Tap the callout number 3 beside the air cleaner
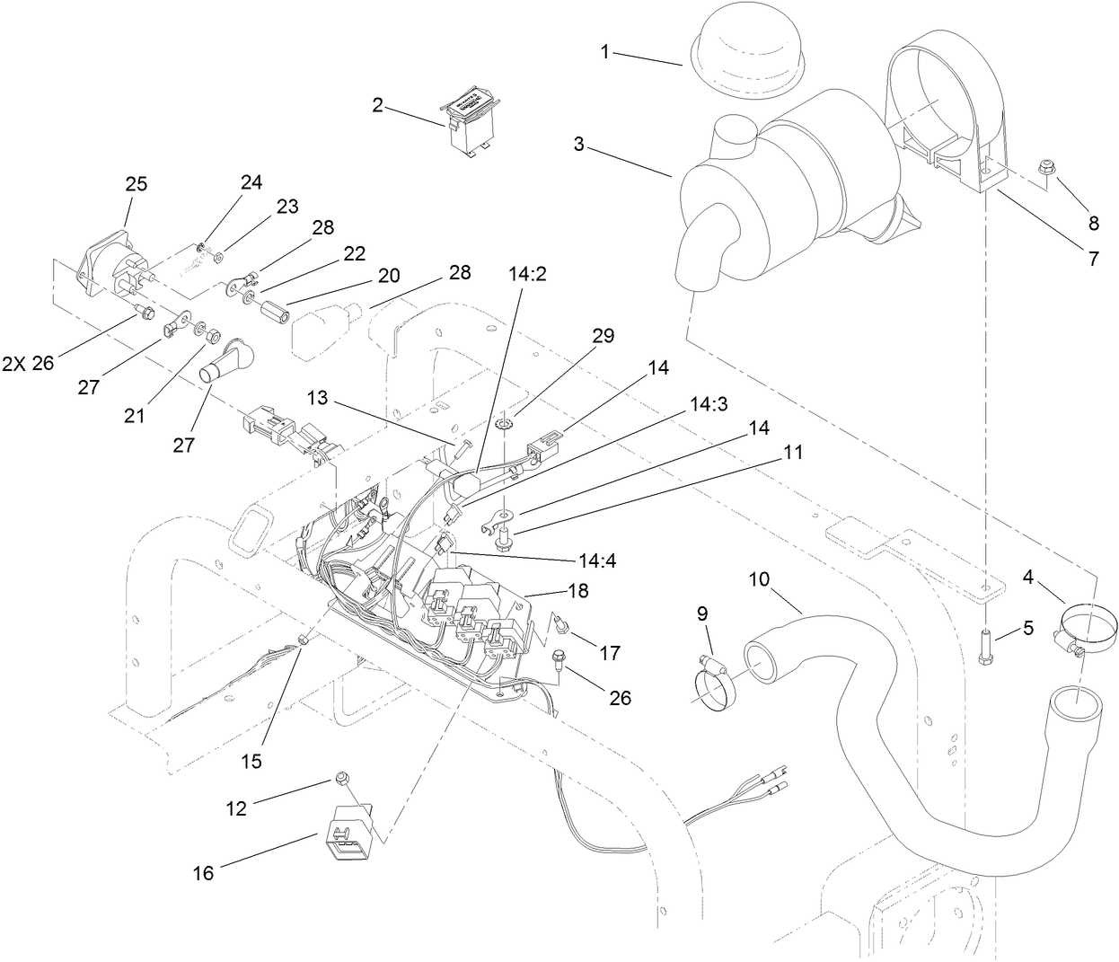pos(579,144)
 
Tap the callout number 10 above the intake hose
pos(759,579)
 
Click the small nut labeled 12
pos(341,777)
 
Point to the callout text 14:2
pos(527,275)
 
